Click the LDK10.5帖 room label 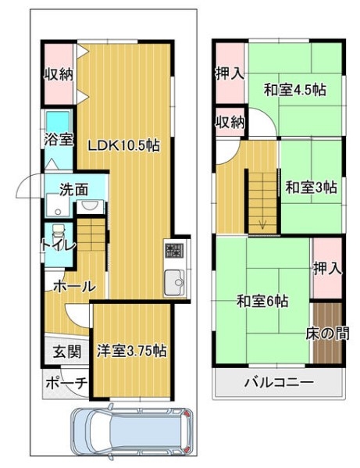pos(123,145)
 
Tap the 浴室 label pos(59,139)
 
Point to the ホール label pos(74,287)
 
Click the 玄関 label pos(67,352)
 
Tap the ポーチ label pos(66,383)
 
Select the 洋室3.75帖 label pos(131,351)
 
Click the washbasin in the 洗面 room pos(88,205)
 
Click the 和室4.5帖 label pos(294,90)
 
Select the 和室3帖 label pos(311,188)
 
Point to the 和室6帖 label pos(262,301)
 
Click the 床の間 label pos(327,334)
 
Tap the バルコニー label pos(279,382)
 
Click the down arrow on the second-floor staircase pos(262,223)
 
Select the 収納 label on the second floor pos(230,122)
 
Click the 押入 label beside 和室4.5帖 pos(230,73)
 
